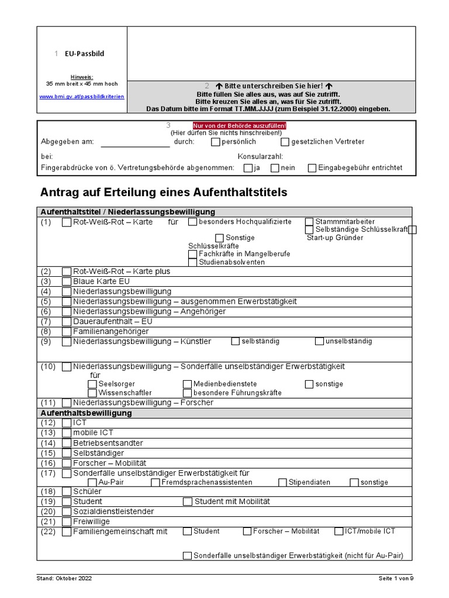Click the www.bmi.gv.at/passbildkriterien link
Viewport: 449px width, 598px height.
(x=82, y=96)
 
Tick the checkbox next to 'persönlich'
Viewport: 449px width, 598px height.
(x=215, y=142)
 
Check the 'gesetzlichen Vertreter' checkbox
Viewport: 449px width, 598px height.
(x=285, y=142)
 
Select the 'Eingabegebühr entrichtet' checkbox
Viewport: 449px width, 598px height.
(x=312, y=168)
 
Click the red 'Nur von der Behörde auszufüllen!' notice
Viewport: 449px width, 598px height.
(x=240, y=126)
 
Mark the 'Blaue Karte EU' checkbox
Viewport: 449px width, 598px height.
(x=67, y=281)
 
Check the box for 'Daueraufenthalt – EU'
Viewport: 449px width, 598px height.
(x=67, y=322)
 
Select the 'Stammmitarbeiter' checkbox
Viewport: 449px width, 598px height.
(x=309, y=222)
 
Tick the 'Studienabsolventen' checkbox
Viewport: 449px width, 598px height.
(x=192, y=262)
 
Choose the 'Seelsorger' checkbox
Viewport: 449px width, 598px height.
(x=92, y=384)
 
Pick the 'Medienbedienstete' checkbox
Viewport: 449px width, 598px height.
(x=187, y=384)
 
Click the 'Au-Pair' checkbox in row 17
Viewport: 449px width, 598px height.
(x=92, y=482)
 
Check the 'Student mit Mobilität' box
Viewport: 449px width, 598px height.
(x=187, y=502)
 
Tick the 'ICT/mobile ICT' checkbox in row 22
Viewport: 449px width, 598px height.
(x=340, y=531)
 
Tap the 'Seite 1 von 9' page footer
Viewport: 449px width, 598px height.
(x=395, y=579)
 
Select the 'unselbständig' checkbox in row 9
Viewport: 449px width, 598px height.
(x=319, y=342)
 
